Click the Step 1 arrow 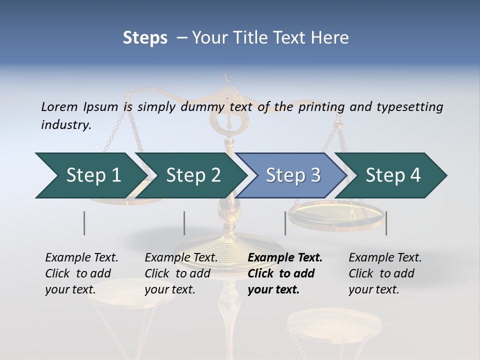(90, 175)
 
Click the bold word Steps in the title (145, 37)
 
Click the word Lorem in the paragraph (58, 106)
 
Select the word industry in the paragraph (66, 124)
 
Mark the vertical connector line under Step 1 (84, 223)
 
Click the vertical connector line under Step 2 (184, 223)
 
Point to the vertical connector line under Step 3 (285, 223)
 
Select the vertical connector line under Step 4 (386, 223)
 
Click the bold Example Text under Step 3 (285, 257)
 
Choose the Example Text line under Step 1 (81, 257)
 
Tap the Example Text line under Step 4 (385, 257)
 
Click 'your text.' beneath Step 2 (169, 289)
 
